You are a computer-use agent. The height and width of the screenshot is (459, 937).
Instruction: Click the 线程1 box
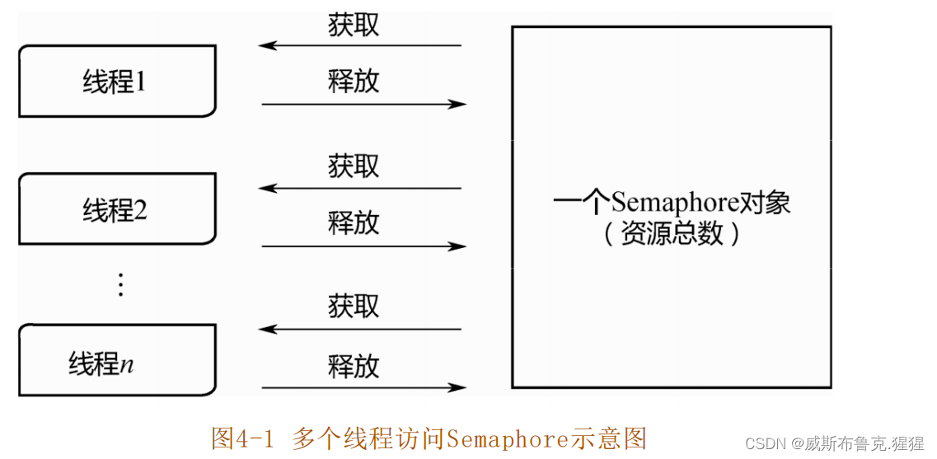coord(116,81)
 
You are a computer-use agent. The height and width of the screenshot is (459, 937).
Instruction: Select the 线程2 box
coord(116,210)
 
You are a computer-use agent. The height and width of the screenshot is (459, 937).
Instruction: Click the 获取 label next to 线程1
coord(354,25)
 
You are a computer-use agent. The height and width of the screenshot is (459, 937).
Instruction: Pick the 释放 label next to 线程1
coord(354,81)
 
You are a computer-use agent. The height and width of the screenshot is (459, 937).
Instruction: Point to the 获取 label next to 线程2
coord(354,166)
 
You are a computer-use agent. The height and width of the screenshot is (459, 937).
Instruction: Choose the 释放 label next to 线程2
coord(354,222)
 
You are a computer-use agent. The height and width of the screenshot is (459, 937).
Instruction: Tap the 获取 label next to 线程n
coord(354,306)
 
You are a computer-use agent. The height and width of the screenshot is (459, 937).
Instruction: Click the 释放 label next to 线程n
coord(354,365)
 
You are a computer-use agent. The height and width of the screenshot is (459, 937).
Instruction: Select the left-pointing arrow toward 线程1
coord(360,45)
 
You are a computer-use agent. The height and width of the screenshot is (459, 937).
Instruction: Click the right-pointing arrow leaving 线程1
coord(363,104)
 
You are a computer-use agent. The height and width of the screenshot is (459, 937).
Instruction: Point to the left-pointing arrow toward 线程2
coord(360,188)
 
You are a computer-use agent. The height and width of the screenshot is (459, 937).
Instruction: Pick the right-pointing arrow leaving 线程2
coord(363,246)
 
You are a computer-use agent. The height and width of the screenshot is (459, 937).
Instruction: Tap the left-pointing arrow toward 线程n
coord(360,329)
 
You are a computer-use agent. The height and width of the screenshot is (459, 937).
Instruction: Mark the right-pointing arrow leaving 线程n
coord(363,387)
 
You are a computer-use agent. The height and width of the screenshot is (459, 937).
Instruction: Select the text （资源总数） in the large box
coord(672,234)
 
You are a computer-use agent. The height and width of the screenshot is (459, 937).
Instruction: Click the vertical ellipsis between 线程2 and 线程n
coord(120,284)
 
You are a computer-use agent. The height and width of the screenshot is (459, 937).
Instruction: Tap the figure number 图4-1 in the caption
coord(241,438)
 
